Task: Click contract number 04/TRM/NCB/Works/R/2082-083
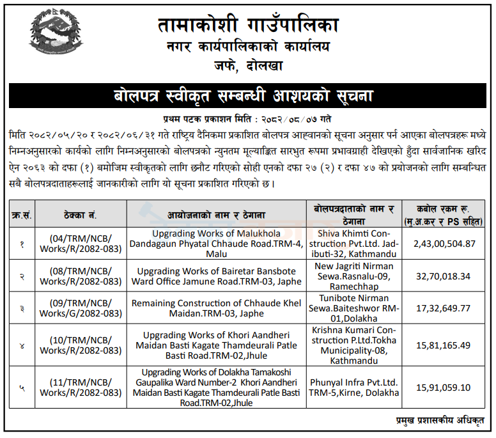(80, 244)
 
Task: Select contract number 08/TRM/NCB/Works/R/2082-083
(80, 276)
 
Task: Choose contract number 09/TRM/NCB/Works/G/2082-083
(80, 308)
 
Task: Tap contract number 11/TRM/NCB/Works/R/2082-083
(80, 387)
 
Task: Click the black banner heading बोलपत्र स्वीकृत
(247, 97)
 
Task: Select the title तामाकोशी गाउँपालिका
(247, 25)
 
